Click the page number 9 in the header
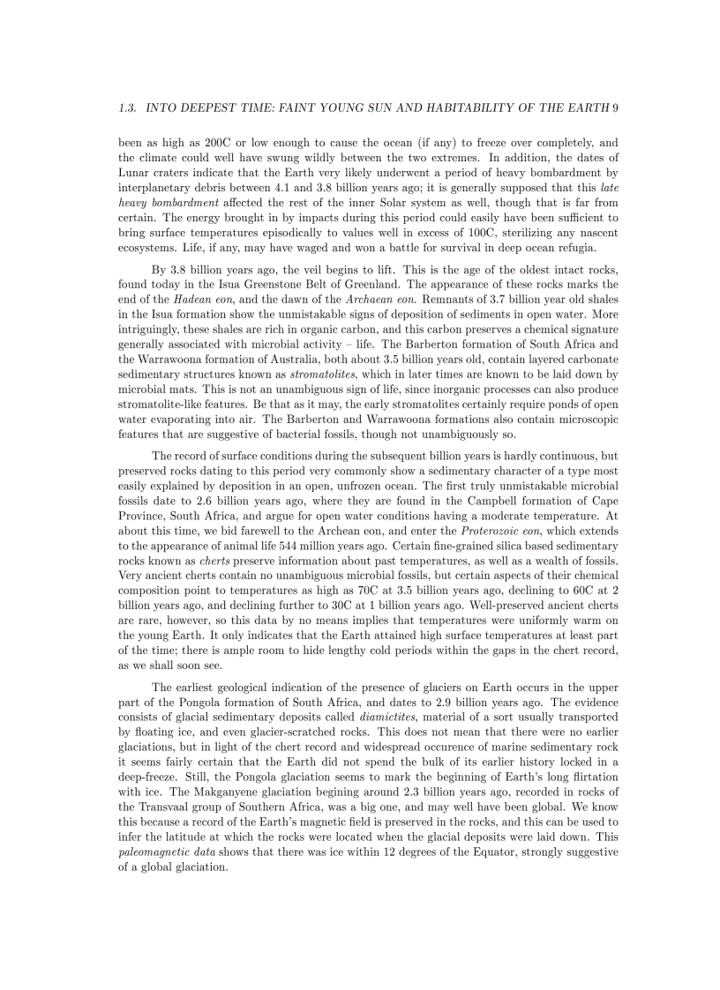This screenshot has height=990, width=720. (x=614, y=108)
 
